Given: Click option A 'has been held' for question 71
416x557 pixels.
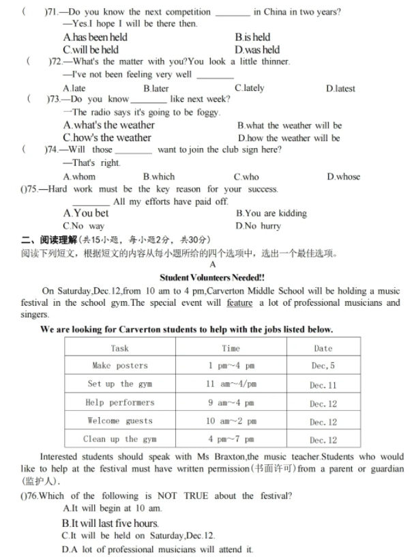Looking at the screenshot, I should (95, 38).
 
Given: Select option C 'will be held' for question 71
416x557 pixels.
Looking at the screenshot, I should (91, 50).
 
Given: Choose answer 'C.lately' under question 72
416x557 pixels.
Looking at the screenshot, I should (249, 88).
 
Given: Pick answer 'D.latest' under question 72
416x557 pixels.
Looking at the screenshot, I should (340, 88).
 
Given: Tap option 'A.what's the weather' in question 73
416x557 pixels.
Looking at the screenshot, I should (109, 125).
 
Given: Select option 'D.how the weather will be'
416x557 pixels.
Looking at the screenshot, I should (289, 138).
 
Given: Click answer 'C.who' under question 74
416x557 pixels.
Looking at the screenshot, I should (246, 176).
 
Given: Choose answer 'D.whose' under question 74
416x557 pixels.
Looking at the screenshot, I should (343, 176).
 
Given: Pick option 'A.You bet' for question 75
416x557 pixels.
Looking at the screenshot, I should (86, 213).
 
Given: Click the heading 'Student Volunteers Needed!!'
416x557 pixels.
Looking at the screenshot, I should (212, 277).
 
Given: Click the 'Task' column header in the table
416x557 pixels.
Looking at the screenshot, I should (120, 347).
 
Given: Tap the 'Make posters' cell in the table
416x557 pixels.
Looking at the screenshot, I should (120, 365).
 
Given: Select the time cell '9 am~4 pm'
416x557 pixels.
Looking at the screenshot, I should (231, 402).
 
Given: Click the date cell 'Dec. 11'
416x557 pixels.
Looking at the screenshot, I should (323, 384).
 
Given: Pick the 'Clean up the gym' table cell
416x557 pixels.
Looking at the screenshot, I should (120, 439).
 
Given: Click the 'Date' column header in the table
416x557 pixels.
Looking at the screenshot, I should (323, 347).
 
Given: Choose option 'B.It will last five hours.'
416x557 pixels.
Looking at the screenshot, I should (110, 524).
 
